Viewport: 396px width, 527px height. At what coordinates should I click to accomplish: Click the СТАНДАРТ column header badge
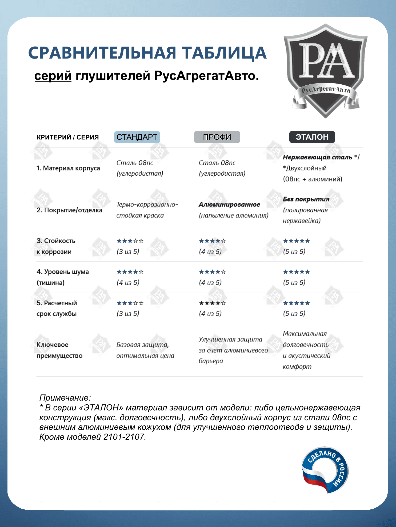pos(137,137)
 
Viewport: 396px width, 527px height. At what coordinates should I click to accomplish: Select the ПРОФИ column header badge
pos(217,137)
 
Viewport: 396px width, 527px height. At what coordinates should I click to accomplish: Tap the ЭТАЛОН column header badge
pos(312,137)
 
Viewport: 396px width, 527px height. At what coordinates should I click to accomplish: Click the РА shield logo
pos(325,71)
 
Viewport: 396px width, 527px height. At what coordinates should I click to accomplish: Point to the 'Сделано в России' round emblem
pos(325,470)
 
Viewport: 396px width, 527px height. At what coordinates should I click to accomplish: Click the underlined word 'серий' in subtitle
pos(53,76)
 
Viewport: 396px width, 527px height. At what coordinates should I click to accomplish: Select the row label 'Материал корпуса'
pos(68,168)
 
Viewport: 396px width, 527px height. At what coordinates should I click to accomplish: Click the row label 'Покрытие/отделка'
pos(69,210)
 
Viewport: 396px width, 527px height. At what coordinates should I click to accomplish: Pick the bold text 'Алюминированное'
pos(229,204)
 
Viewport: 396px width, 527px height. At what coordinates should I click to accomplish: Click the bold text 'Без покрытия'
pos(306,199)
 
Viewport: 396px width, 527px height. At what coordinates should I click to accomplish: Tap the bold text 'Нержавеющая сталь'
pos(318,157)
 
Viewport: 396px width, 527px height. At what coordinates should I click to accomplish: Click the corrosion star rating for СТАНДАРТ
pos(130,241)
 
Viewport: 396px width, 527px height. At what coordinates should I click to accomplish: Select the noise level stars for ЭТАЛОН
pos(296,272)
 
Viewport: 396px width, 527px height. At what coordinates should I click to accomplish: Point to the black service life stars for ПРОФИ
pos(212,303)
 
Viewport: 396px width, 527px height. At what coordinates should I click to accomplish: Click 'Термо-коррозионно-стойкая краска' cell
pos(147,210)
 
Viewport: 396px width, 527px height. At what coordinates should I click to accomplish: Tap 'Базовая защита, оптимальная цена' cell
pos(145,350)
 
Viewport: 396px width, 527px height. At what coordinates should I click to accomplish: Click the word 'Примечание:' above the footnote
pos(65,398)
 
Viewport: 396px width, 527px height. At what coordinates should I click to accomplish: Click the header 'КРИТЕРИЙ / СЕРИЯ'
pos(68,137)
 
